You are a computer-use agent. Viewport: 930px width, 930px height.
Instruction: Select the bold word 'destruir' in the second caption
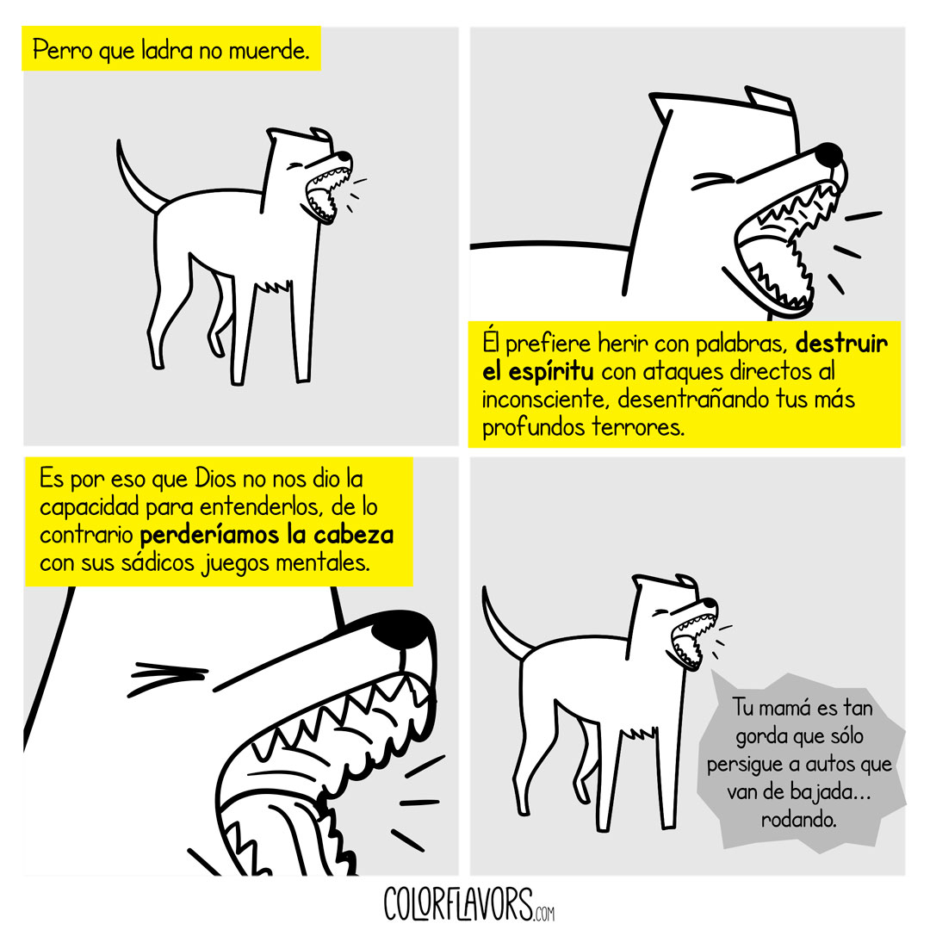(841, 344)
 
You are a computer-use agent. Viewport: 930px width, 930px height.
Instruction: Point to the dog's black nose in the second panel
(828, 154)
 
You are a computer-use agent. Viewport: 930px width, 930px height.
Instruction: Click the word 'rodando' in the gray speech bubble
(798, 820)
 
